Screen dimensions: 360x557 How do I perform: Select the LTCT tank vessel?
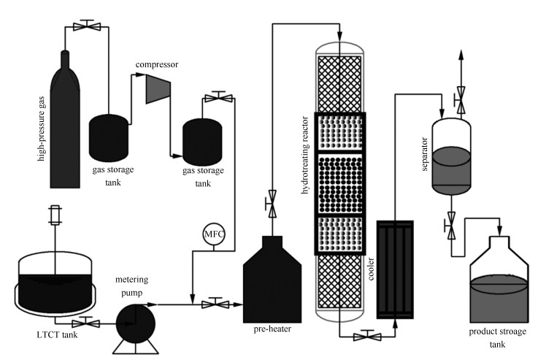56,281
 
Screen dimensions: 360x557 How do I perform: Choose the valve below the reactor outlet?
366,337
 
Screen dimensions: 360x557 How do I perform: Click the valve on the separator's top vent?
461,102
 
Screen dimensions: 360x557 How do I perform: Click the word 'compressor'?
156,64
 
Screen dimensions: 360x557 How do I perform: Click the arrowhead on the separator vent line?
461,55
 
